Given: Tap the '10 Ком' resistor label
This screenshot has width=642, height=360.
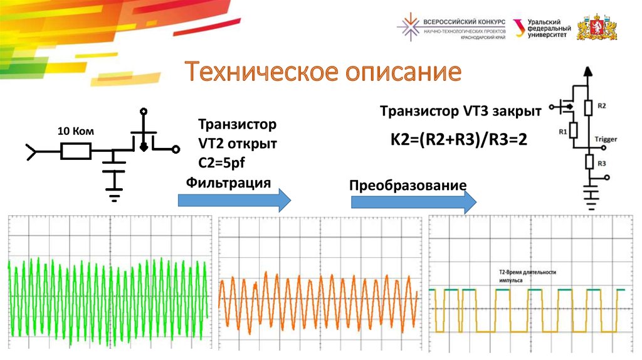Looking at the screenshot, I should point(75,132).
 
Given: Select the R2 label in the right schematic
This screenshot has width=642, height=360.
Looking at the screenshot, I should point(601,106).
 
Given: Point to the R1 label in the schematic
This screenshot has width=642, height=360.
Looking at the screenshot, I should point(563,131).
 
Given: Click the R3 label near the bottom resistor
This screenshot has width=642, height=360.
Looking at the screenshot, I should point(601,163).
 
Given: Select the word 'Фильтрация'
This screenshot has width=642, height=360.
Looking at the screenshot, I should point(228,183).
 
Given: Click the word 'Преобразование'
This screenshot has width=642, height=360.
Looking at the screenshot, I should point(408,186).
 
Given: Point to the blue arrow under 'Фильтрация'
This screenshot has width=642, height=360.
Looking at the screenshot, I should point(234,200).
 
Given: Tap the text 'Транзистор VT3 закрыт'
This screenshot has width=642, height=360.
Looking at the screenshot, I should point(460,112).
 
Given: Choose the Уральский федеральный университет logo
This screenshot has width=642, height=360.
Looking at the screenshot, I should point(542,28).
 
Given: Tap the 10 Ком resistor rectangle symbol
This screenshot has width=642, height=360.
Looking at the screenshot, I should point(76,151).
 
